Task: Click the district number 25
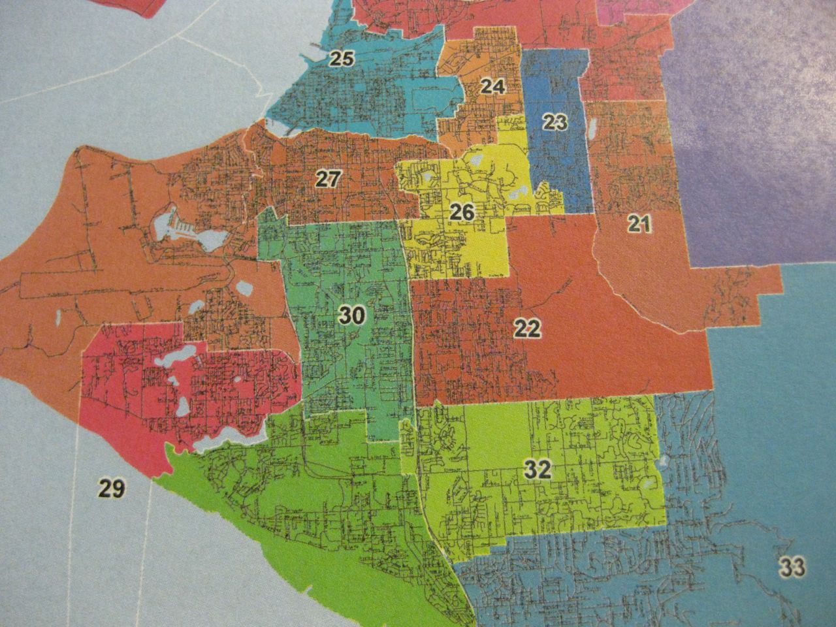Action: (341, 59)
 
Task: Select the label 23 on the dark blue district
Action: (554, 122)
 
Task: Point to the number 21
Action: (640, 225)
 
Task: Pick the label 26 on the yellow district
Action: (463, 212)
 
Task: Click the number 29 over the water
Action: (112, 488)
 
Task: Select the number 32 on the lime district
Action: (539, 469)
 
